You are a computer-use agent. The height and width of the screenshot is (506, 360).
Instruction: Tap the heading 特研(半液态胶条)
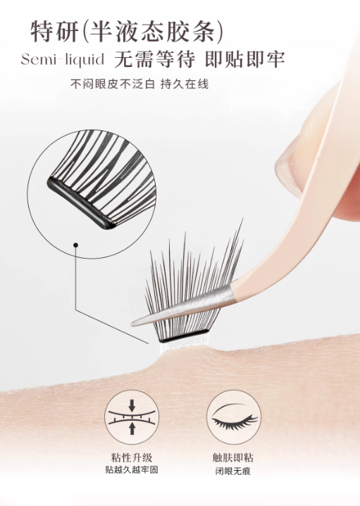point(127,30)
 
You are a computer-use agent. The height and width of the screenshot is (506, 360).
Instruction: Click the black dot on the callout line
point(75,245)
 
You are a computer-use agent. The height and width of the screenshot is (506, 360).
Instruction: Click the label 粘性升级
point(130,456)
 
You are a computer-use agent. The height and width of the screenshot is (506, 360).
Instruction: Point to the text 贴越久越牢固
point(130,469)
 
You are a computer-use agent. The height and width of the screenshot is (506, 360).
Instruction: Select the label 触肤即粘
point(231,456)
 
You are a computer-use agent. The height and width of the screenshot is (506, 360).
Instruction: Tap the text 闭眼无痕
point(231,469)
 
